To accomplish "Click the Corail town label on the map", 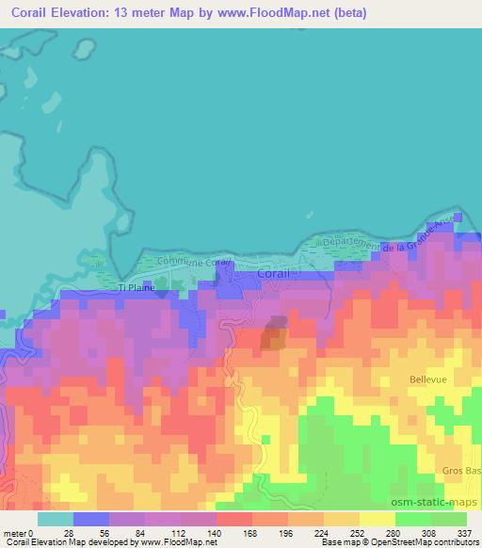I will tap(275, 274).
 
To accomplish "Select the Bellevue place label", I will tap(428, 379).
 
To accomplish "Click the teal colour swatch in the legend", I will tap(56, 519).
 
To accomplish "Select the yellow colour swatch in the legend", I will tap(342, 519).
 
